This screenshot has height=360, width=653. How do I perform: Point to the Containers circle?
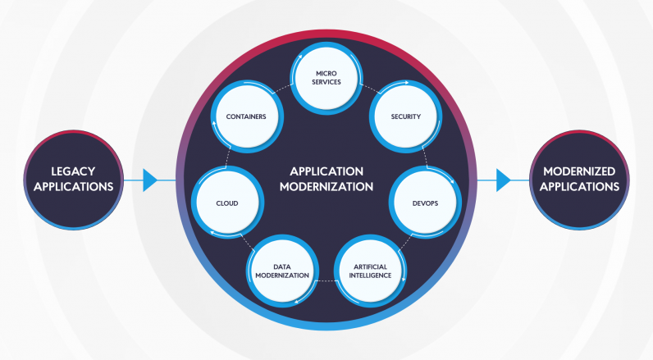pos(246,117)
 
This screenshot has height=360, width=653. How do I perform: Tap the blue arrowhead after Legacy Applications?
pos(149,180)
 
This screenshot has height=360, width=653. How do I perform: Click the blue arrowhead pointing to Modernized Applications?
pos(504,180)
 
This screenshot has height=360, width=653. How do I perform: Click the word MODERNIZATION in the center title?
pos(326,187)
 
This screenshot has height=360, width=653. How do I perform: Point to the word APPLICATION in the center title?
pos(326,171)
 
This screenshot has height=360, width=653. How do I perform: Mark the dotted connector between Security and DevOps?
pos(427,156)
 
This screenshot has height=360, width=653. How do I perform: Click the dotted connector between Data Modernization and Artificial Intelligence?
pos(326,280)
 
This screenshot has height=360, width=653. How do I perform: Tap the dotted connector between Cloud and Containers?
pos(226,157)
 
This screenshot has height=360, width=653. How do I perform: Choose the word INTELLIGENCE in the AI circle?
pos(370,276)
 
